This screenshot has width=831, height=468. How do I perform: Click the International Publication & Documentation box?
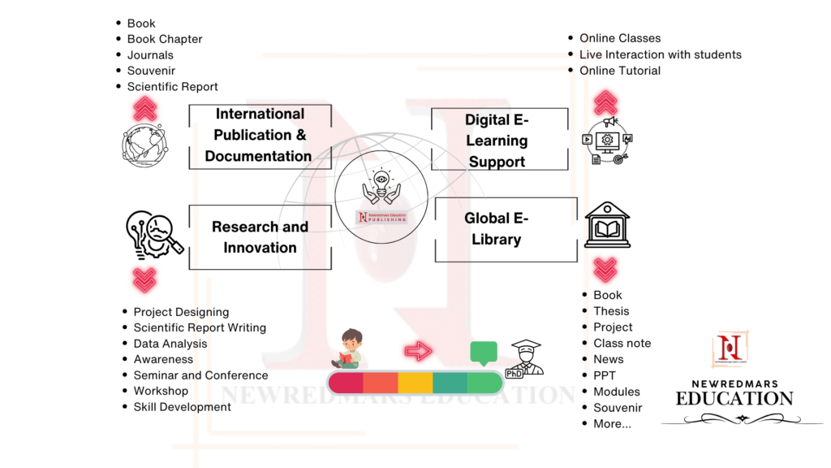click(260, 136)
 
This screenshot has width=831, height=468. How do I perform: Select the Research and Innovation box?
click(260, 237)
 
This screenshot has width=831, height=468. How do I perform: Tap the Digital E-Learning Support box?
click(497, 141)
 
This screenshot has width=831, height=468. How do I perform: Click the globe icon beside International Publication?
click(144, 143)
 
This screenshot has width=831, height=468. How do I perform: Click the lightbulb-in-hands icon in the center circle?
click(381, 187)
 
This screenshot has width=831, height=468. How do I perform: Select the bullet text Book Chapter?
click(165, 39)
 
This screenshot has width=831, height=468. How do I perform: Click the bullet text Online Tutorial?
click(620, 71)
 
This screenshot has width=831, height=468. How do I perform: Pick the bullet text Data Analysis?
click(170, 344)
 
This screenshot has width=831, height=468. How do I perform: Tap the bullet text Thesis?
click(611, 311)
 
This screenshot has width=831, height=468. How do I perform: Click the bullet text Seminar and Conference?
click(200, 375)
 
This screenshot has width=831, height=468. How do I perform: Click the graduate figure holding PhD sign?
click(524, 358)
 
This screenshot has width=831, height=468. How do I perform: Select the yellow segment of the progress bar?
click(415, 383)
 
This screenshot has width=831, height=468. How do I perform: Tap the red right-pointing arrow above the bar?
click(418, 351)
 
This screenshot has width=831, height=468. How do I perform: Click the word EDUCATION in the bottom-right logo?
click(734, 399)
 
